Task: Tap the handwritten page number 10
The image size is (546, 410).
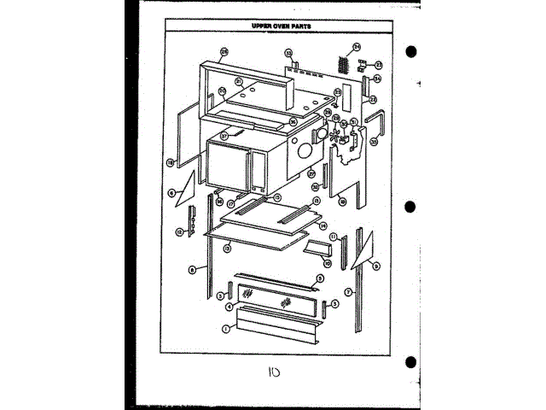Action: coord(276,374)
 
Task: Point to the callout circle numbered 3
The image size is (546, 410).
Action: coord(220,296)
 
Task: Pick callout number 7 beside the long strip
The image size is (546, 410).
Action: coord(349,293)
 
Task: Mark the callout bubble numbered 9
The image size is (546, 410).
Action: coord(377,266)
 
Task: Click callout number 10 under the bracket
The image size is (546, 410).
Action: coord(327,264)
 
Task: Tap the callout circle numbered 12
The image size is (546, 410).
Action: coord(180,232)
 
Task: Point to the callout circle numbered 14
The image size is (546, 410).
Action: coord(323,226)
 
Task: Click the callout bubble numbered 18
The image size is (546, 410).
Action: coord(171,161)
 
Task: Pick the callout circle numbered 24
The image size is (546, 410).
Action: coord(357,46)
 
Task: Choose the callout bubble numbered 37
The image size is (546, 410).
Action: coord(225,135)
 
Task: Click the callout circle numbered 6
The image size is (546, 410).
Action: coord(171,194)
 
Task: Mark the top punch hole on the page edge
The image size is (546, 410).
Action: coord(411,51)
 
